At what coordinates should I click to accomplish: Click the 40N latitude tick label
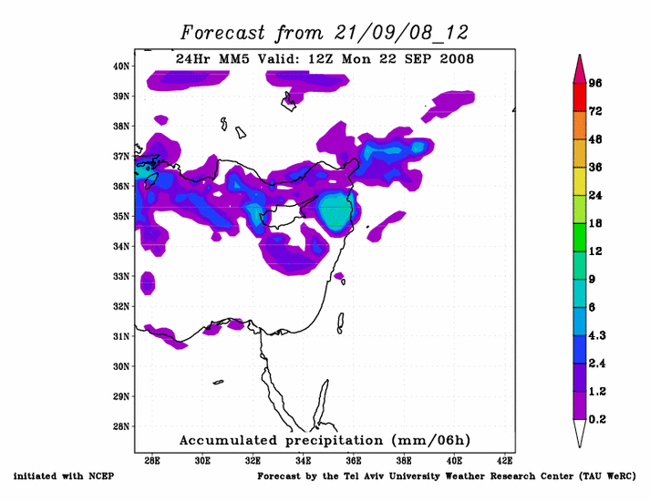[x=121, y=66]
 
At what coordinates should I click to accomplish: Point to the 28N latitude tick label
[x=121, y=426]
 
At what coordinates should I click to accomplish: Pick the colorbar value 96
[x=596, y=83]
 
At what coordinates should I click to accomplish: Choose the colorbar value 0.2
[x=597, y=419]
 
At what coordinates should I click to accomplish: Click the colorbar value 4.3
[x=597, y=335]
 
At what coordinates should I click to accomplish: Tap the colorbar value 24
[x=596, y=195]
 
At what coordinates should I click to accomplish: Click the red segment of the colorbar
[x=579, y=97]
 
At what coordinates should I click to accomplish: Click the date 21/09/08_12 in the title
[x=396, y=33]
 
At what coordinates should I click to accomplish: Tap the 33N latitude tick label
[x=121, y=276]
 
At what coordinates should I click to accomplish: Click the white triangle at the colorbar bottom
[x=579, y=433]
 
